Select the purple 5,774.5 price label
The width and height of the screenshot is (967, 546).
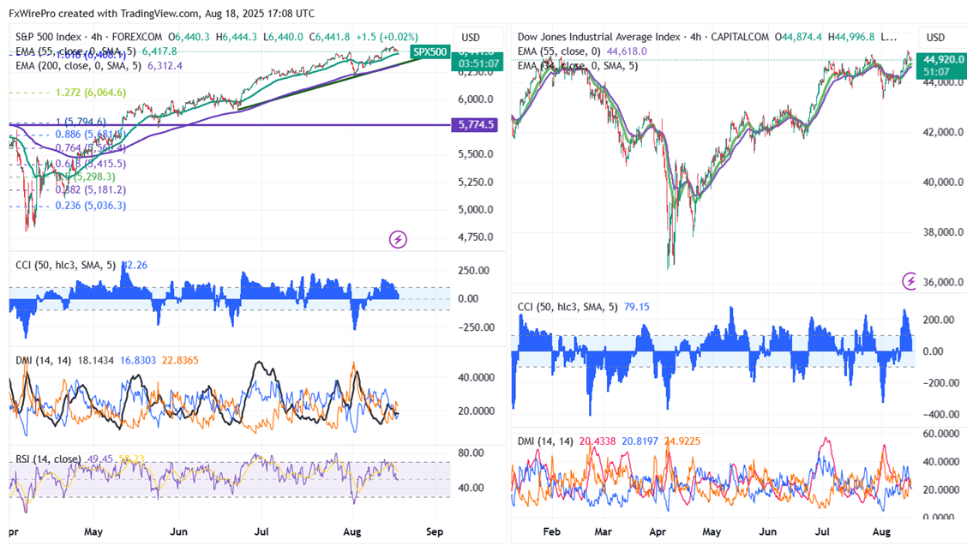477,125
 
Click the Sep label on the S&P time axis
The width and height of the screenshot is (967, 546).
436,531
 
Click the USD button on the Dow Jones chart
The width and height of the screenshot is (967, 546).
935,38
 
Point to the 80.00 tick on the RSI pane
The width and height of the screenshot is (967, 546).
473,452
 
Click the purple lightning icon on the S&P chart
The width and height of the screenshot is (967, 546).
398,239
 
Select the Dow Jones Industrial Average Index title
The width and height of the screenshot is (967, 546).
599,38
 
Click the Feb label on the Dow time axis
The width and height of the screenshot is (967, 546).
552,531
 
